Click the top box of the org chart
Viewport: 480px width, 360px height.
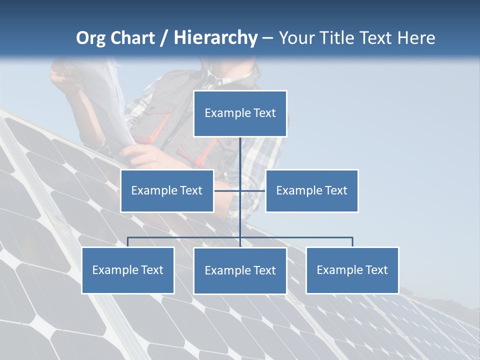pyautogui.click(x=240, y=113)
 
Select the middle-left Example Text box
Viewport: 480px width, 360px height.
pyautogui.click(x=166, y=190)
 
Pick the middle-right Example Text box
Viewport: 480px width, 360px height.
pyautogui.click(x=311, y=190)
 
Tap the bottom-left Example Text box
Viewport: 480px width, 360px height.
pyautogui.click(x=127, y=270)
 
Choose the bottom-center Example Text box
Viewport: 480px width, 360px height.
pyautogui.click(x=240, y=270)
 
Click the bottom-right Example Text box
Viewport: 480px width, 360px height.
pyautogui.click(x=352, y=270)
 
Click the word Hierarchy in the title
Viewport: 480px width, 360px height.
pyautogui.click(x=215, y=37)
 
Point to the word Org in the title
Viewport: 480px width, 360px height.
pyautogui.click(x=90, y=38)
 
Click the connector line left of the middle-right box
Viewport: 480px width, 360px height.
pyautogui.click(x=253, y=190)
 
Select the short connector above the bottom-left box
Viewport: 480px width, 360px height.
pyautogui.click(x=127, y=242)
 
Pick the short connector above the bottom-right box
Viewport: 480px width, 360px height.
pyautogui.click(x=352, y=242)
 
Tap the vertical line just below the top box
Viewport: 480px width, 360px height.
pyautogui.click(x=240, y=150)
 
